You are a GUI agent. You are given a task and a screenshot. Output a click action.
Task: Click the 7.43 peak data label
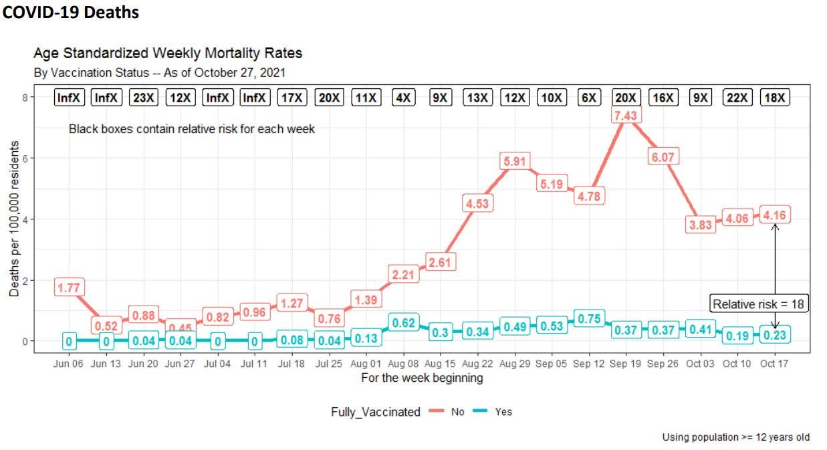tap(626, 116)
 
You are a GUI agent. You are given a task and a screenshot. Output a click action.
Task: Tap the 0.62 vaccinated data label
tap(403, 322)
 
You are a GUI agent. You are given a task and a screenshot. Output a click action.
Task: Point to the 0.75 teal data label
tap(589, 319)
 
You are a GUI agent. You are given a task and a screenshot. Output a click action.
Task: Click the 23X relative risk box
tap(143, 98)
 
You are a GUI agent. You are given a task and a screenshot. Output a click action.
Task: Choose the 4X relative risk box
tap(403, 98)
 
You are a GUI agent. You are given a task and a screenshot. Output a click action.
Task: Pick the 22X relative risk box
tap(737, 98)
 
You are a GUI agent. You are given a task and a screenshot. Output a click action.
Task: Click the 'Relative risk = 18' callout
tap(759, 304)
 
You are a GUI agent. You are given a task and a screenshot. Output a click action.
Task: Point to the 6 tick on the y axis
tap(25, 158)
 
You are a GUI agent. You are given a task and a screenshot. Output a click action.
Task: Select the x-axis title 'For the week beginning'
tap(422, 378)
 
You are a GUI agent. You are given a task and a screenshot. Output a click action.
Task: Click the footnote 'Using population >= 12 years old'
tap(735, 437)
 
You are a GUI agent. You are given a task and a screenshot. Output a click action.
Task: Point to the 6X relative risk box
tap(589, 98)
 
